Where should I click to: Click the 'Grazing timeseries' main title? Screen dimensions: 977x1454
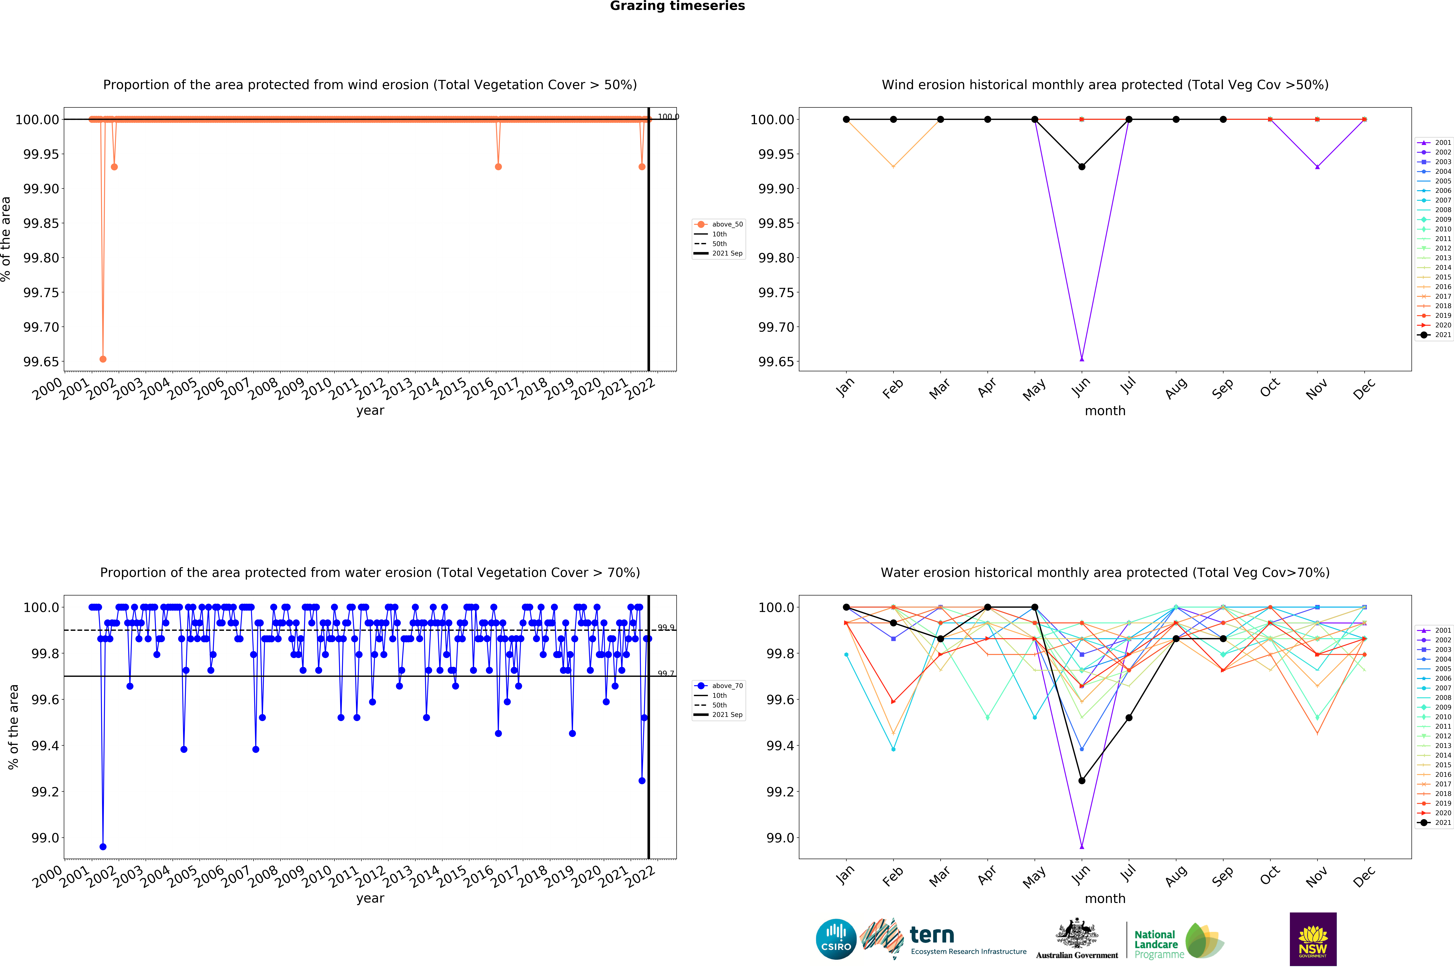point(677,6)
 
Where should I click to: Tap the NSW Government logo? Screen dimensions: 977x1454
point(1313,939)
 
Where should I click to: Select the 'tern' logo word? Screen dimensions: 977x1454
point(932,935)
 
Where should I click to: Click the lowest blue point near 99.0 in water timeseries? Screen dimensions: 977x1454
point(103,847)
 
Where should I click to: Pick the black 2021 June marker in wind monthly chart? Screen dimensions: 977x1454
point(1081,167)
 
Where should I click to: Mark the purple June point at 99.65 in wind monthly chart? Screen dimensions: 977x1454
point(1081,359)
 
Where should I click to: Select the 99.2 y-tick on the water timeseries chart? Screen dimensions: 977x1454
point(45,792)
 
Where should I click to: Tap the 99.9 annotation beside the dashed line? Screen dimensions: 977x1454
point(666,627)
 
